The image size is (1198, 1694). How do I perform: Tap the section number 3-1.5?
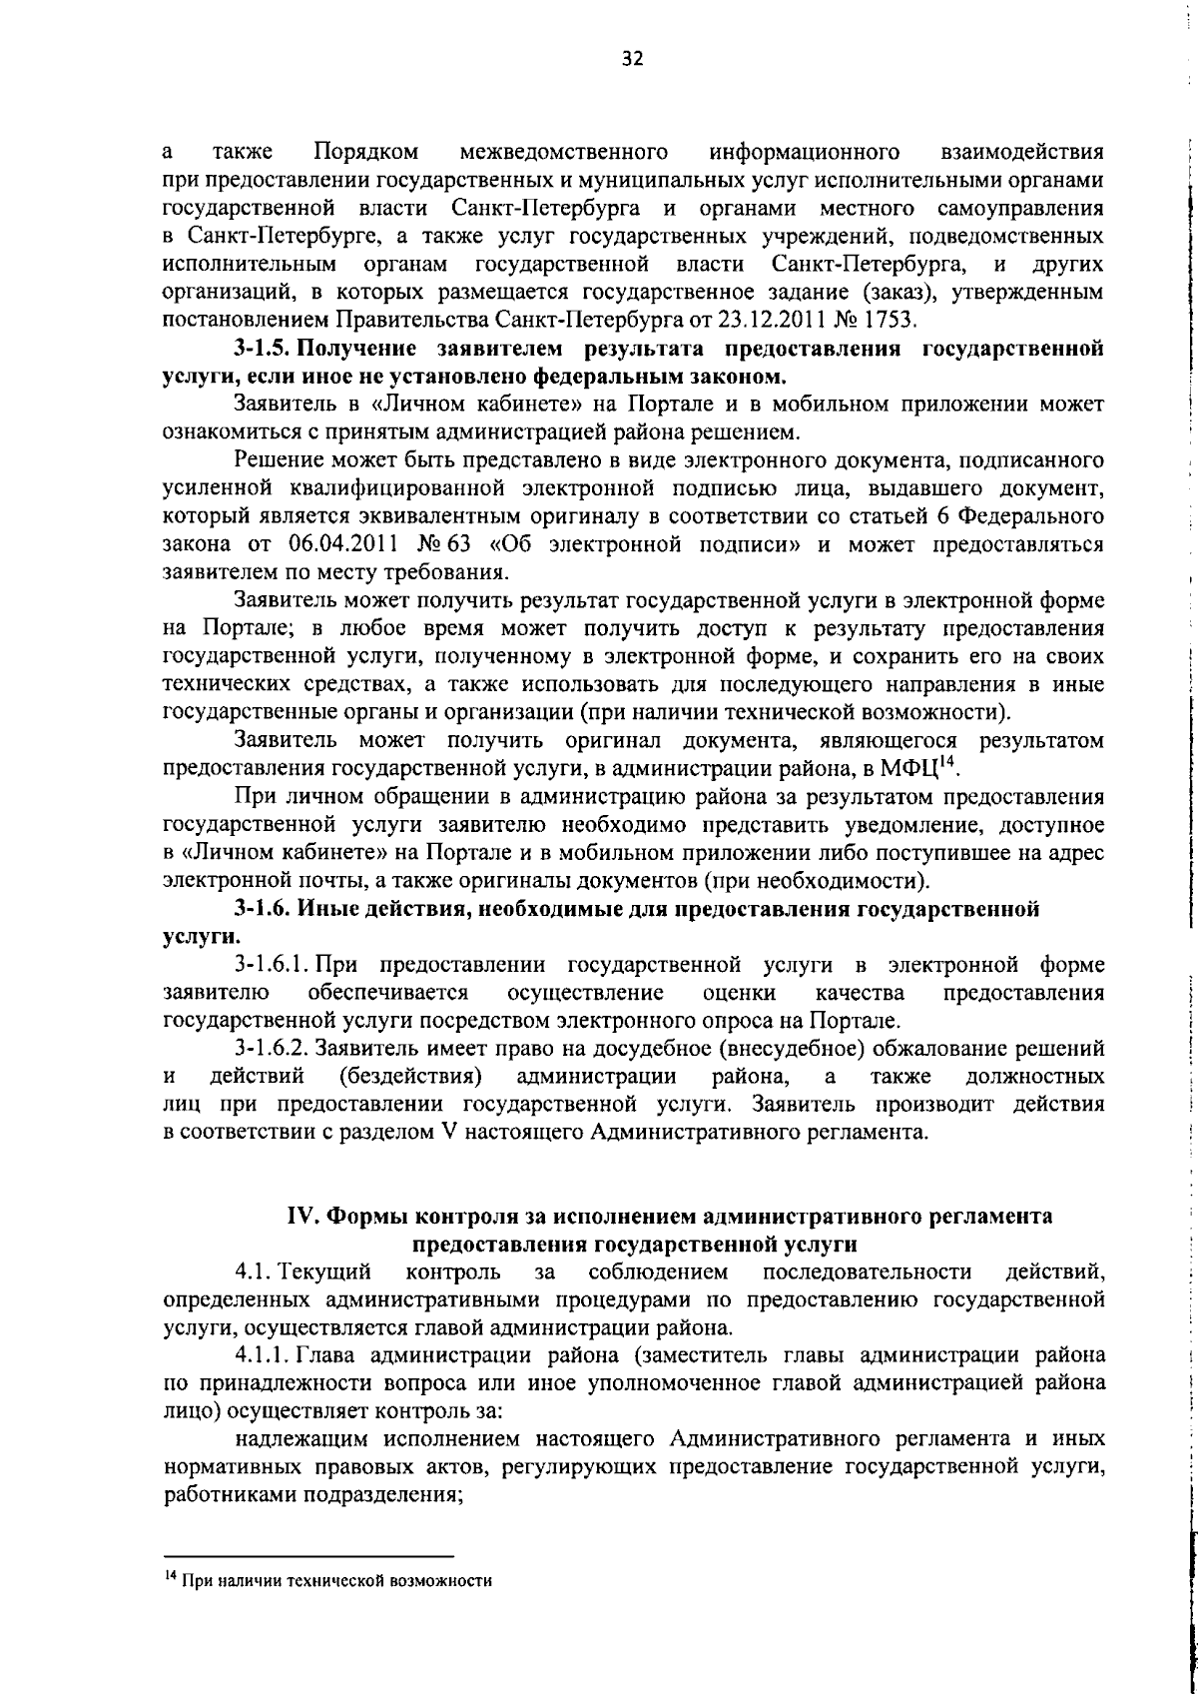point(263,349)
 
